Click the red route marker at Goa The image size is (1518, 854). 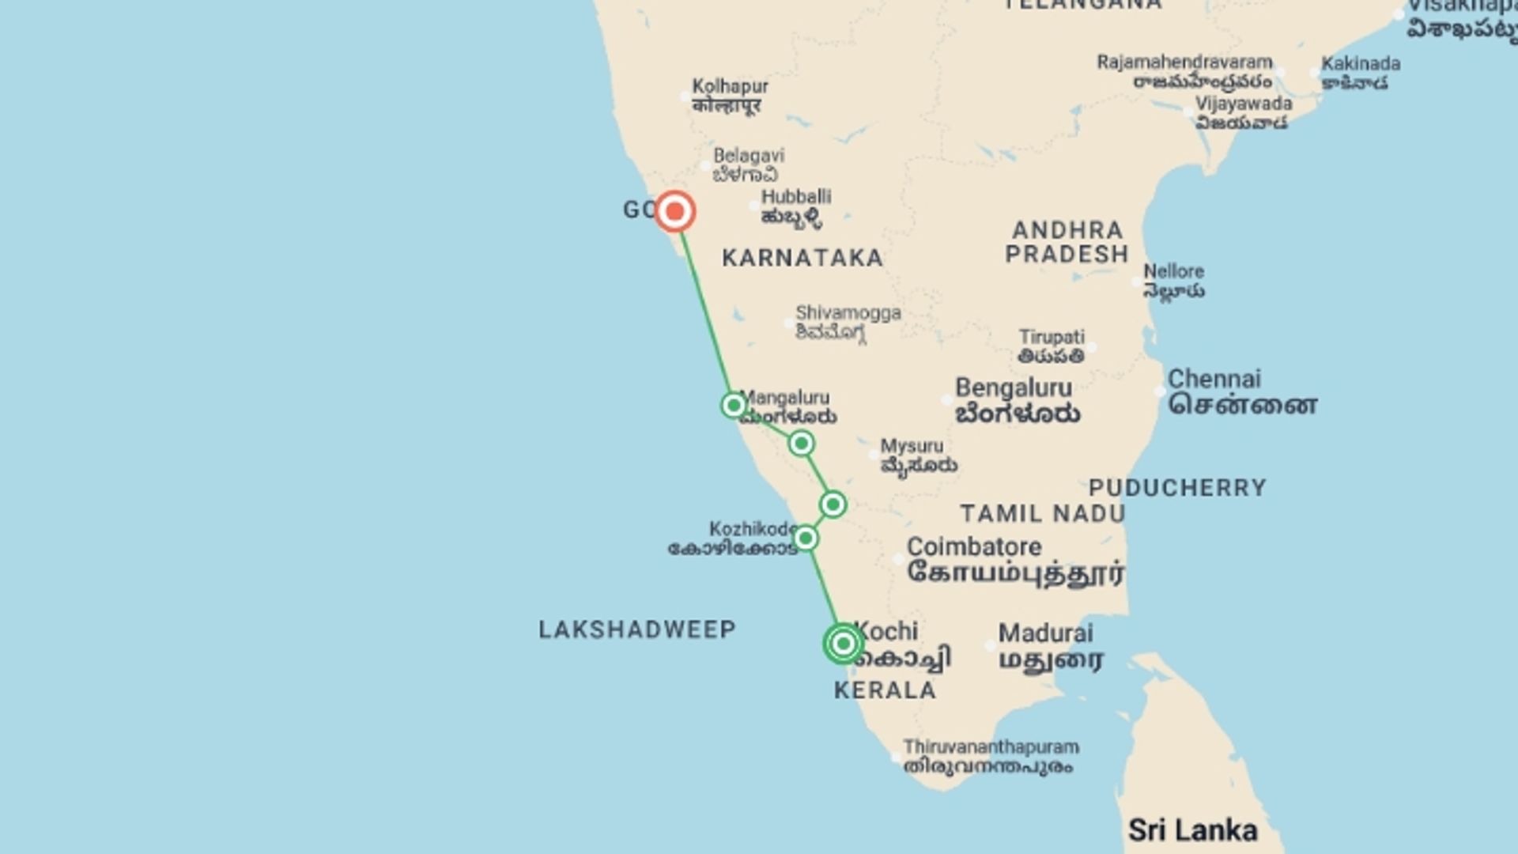pos(674,211)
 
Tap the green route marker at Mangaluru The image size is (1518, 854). pos(733,406)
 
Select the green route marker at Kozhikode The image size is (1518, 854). pos(805,538)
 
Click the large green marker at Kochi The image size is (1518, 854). pos(843,644)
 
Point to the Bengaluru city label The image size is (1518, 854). pos(1014,388)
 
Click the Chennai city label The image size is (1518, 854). pos(1214,380)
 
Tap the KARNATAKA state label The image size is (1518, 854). pos(802,258)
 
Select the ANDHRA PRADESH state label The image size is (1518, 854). pos(1067,242)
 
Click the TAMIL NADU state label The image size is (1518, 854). pos(1043,514)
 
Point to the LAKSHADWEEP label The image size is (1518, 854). pos(637,629)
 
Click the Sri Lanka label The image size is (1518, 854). pos(1192,830)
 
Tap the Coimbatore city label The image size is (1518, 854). pos(974,547)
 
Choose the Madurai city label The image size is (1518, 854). pos(1045,633)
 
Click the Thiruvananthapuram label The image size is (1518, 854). pos(991,747)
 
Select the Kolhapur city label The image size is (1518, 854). pos(730,86)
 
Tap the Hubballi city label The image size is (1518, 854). pos(796,197)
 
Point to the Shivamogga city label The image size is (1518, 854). pos(848,313)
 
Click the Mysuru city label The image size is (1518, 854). pos(912,446)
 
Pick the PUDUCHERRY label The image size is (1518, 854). pos(1177,488)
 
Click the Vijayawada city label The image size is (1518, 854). pos(1244,104)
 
